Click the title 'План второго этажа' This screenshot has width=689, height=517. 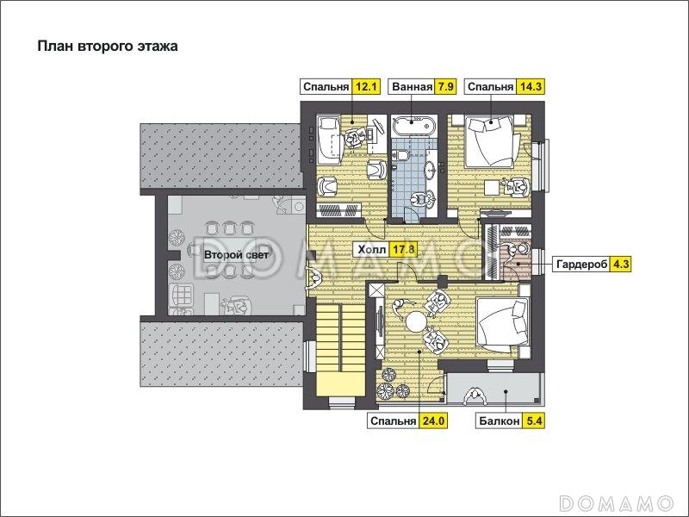[x=108, y=47]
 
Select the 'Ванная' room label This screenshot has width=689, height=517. [x=412, y=87]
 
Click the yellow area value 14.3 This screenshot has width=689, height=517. [x=530, y=87]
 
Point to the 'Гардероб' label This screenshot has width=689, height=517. [x=581, y=265]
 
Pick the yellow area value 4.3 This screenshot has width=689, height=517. [x=621, y=265]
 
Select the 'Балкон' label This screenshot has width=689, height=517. [x=500, y=421]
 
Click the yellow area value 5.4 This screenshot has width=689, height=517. [x=534, y=421]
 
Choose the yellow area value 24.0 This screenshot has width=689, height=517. [x=432, y=421]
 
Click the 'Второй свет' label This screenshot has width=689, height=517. [x=236, y=255]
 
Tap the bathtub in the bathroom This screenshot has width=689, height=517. [x=413, y=126]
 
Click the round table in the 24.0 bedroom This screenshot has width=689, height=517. [x=415, y=321]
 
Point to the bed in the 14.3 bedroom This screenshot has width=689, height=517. [x=490, y=140]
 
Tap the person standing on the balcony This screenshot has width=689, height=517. [x=475, y=396]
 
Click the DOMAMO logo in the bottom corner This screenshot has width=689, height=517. [x=616, y=502]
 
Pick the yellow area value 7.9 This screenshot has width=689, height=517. [x=444, y=87]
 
